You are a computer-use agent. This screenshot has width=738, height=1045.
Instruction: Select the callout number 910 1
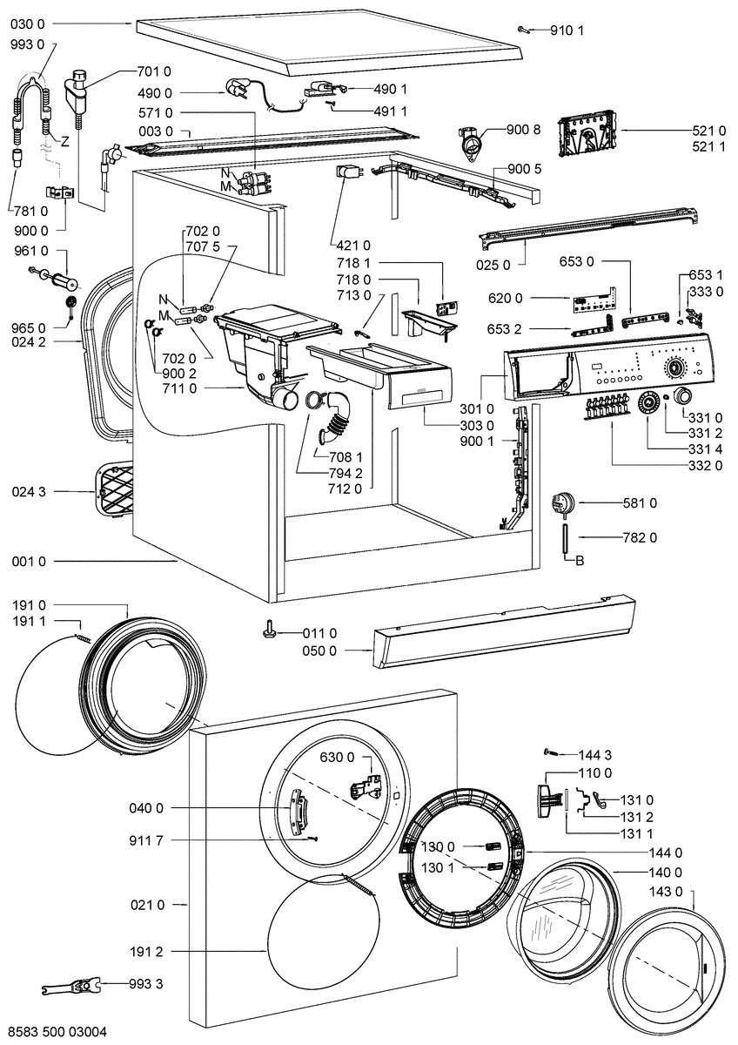(567, 30)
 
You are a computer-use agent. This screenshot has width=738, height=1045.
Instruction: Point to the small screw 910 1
(522, 30)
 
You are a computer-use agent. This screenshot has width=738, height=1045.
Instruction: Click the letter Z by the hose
(65, 141)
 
